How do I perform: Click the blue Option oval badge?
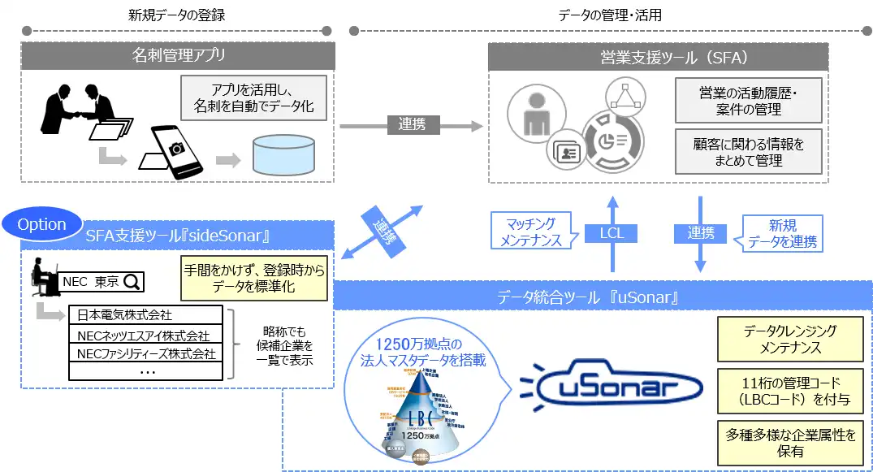[41, 224]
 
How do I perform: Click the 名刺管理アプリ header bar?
[178, 56]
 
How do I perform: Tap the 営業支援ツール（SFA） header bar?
[658, 58]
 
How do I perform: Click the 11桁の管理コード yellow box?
[787, 391]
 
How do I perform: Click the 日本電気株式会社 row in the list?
[146, 315]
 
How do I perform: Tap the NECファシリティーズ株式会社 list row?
[146, 354]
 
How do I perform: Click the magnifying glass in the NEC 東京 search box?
[132, 283]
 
